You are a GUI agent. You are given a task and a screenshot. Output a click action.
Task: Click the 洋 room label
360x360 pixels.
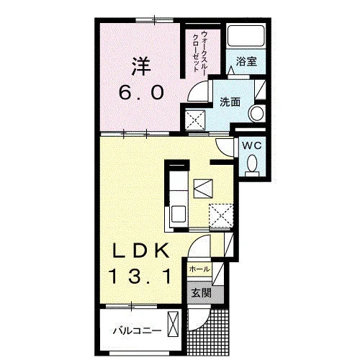(x=141, y=66)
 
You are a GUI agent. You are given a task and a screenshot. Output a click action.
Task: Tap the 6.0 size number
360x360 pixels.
(x=142, y=93)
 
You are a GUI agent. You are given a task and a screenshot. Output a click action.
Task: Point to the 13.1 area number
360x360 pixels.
(x=140, y=276)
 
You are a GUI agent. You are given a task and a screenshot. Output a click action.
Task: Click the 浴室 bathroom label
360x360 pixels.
(x=246, y=61)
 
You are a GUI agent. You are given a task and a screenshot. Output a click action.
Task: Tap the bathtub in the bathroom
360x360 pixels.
(x=246, y=36)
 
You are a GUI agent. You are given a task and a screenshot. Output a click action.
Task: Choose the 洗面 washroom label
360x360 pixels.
(x=230, y=102)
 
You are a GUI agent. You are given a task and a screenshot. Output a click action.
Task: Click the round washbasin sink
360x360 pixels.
(x=256, y=113)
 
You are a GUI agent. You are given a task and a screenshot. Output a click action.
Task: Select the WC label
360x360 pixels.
(x=252, y=145)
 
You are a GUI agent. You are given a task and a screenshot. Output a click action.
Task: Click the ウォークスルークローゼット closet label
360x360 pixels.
(x=199, y=51)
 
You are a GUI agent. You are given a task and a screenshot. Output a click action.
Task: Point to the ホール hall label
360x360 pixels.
(x=199, y=269)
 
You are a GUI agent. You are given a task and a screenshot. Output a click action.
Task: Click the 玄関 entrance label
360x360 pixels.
(x=201, y=293)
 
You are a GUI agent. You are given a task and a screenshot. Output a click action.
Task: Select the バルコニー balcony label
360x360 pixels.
(x=137, y=331)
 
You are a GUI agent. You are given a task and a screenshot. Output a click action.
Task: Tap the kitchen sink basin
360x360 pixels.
(x=178, y=215)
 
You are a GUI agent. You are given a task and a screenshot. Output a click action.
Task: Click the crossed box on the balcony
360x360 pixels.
(x=173, y=324)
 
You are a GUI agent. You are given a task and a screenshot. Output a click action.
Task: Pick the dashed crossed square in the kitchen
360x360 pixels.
(x=221, y=215)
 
